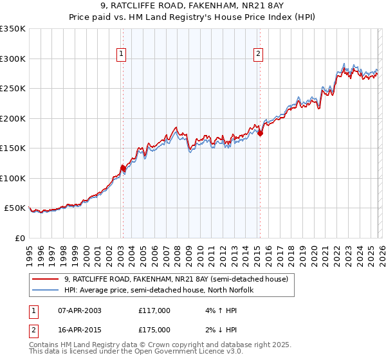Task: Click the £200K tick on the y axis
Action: tap(13, 118)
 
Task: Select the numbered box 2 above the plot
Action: tap(259, 54)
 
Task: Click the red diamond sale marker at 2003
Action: tap(122, 168)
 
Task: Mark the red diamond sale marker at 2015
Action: tap(260, 133)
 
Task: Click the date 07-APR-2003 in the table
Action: tap(79, 310)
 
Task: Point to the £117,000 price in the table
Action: tap(154, 310)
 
